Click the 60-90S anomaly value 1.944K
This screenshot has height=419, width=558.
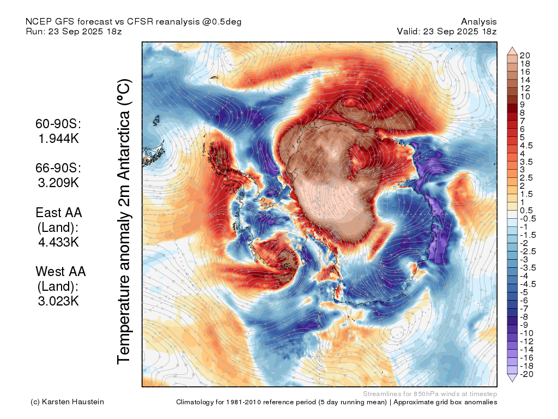(x=58, y=138)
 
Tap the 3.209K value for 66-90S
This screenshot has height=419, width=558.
(x=58, y=182)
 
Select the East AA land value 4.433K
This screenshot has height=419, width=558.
(x=58, y=242)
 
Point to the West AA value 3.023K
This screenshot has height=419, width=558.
(x=58, y=301)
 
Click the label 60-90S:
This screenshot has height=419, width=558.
(x=58, y=124)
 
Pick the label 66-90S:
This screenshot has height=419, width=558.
(x=58, y=168)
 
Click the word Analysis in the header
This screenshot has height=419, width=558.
(x=478, y=22)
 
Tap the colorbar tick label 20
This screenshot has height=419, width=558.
(x=525, y=56)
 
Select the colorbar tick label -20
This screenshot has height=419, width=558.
(x=526, y=374)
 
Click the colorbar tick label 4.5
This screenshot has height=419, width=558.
(x=526, y=146)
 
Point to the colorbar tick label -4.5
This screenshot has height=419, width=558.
(x=527, y=284)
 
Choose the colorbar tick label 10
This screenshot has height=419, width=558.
(x=525, y=97)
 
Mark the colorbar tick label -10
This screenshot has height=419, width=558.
(x=526, y=333)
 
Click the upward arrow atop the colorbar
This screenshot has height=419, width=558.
(x=512, y=51)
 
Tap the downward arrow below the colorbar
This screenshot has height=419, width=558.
(x=512, y=378)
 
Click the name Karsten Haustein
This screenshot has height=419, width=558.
(x=73, y=402)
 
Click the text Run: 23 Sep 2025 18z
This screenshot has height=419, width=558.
(x=74, y=31)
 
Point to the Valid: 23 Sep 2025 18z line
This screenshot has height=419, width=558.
(x=447, y=31)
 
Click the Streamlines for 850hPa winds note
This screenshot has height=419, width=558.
(x=430, y=394)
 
